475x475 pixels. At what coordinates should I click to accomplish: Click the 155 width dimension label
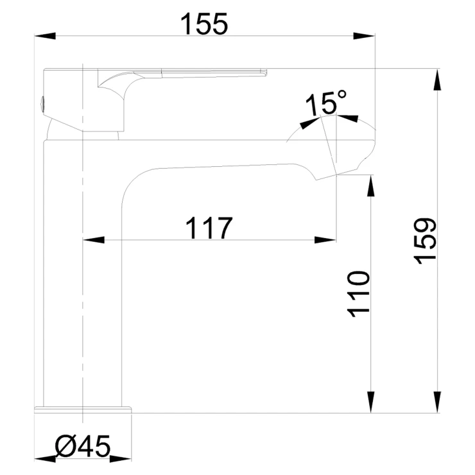click(x=203, y=24)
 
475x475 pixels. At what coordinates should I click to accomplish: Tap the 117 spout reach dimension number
click(x=209, y=227)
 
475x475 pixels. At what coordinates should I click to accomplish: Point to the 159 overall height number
click(x=425, y=241)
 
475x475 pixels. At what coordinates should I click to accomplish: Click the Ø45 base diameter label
click(x=83, y=446)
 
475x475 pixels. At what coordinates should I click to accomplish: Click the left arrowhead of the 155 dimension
click(x=45, y=36)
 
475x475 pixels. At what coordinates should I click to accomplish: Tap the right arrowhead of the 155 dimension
click(x=364, y=36)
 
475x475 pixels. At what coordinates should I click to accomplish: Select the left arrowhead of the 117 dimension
click(x=94, y=240)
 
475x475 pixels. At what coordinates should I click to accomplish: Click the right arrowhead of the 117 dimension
click(x=325, y=240)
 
